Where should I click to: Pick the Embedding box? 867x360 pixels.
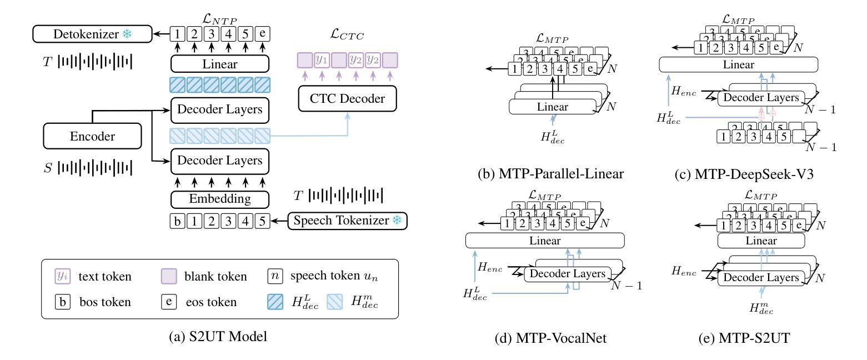219,198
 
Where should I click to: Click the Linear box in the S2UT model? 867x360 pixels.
219,64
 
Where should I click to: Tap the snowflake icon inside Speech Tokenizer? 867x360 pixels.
397,221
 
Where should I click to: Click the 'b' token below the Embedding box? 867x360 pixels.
177,221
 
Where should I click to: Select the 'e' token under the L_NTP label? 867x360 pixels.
263,34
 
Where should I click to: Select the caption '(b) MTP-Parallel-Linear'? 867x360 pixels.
551,173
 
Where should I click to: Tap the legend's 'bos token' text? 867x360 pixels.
104,302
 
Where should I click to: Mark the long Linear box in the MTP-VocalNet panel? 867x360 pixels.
545,241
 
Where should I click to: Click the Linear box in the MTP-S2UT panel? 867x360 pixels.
761,241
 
